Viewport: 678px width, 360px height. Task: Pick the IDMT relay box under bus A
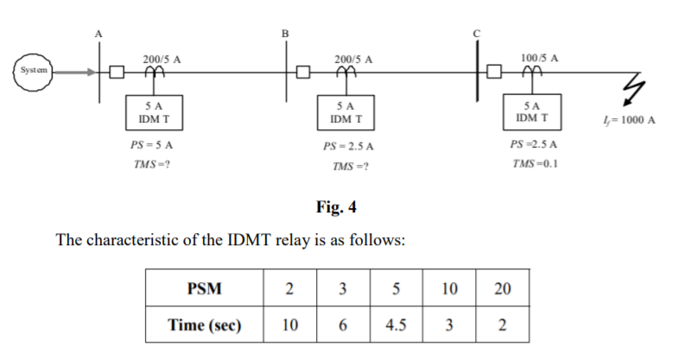click(154, 110)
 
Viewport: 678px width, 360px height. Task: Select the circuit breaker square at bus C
click(494, 72)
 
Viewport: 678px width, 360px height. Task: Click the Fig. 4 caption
click(337, 207)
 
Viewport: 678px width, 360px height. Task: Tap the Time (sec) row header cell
click(205, 325)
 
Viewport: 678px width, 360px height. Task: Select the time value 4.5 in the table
click(396, 325)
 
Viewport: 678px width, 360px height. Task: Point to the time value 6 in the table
click(343, 325)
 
